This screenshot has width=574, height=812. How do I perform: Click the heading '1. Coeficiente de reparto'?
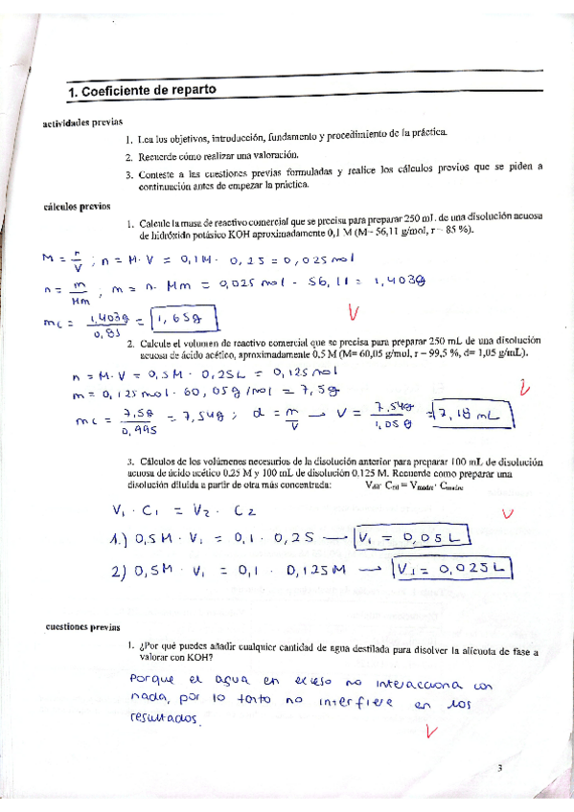142,91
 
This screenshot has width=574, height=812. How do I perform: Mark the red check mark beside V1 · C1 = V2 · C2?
508,513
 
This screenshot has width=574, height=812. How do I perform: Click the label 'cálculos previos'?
78,205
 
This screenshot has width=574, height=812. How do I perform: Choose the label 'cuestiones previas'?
82,628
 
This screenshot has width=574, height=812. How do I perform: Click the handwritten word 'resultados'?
164,718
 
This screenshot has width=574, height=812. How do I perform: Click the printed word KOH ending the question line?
199,658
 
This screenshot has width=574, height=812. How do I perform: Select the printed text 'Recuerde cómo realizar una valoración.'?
219,156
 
